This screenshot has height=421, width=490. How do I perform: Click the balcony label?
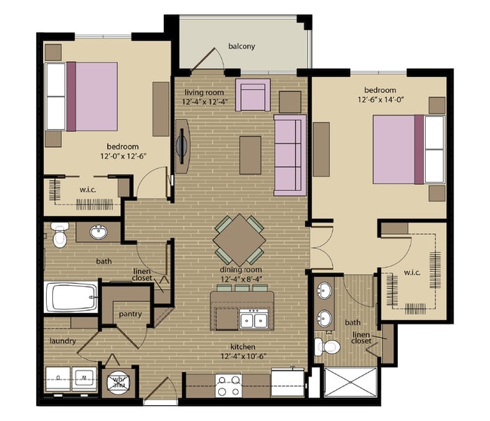pyautogui.click(x=242, y=47)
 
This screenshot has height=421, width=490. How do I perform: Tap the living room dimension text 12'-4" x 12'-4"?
pyautogui.click(x=205, y=101)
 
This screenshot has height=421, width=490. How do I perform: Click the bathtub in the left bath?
pyautogui.click(x=72, y=297)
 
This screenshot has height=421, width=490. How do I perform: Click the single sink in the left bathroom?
pyautogui.click(x=98, y=232)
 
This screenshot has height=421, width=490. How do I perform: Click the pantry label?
pyautogui.click(x=130, y=314)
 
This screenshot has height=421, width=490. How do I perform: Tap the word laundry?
pyautogui.click(x=63, y=341)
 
